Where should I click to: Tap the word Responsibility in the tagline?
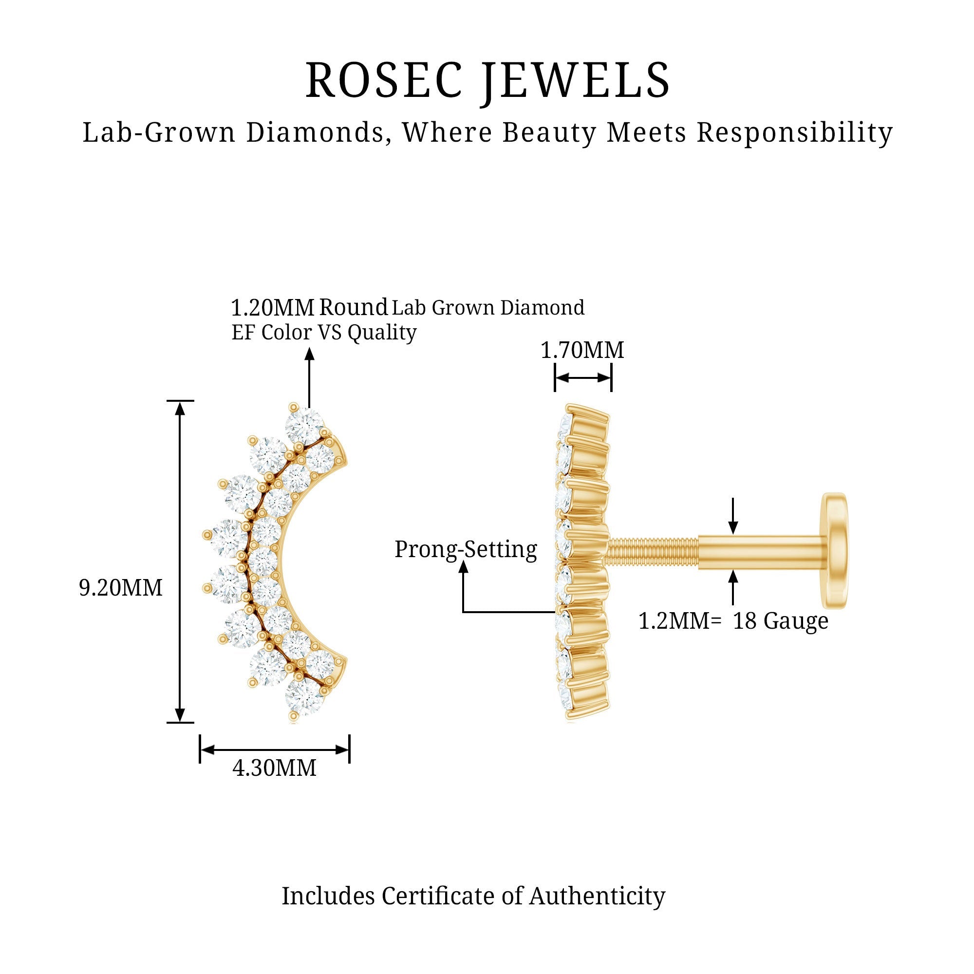pyautogui.click(x=794, y=132)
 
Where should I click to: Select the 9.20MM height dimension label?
pyautogui.click(x=121, y=588)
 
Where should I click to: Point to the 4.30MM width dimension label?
pyautogui.click(x=274, y=768)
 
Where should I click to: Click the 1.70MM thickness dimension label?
pyautogui.click(x=582, y=350)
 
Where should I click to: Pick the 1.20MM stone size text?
pyautogui.click(x=272, y=307)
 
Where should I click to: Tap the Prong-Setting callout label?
pyautogui.click(x=466, y=549)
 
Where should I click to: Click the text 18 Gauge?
pyautogui.click(x=780, y=621)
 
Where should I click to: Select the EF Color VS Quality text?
pyautogui.click(x=324, y=332)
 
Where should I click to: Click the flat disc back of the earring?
pyautogui.click(x=834, y=550)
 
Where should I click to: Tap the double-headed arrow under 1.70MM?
pyautogui.click(x=583, y=378)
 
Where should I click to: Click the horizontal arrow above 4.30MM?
pyautogui.click(x=274, y=749)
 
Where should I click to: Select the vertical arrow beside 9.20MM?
pyautogui.click(x=180, y=562)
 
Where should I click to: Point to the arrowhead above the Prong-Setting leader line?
pyautogui.click(x=463, y=567)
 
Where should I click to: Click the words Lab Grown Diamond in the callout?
pyautogui.click(x=488, y=307)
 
